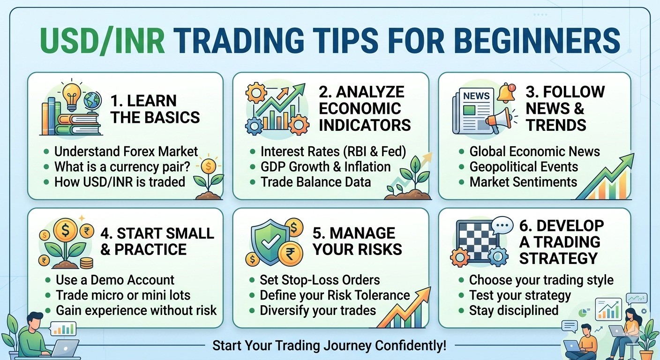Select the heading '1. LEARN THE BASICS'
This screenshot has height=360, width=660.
(155, 109)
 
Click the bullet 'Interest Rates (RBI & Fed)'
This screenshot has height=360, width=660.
(333, 151)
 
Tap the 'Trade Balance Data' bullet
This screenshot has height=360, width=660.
(315, 181)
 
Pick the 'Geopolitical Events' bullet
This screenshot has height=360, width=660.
(524, 166)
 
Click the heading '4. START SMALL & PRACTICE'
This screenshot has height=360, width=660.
(157, 241)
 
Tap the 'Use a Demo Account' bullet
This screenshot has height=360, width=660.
(115, 280)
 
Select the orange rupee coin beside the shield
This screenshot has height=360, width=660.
(290, 254)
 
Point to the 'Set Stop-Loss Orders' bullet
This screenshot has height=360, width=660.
(320, 280)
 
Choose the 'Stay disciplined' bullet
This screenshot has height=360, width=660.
(514, 310)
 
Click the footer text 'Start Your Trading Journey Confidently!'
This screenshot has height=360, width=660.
(329, 346)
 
